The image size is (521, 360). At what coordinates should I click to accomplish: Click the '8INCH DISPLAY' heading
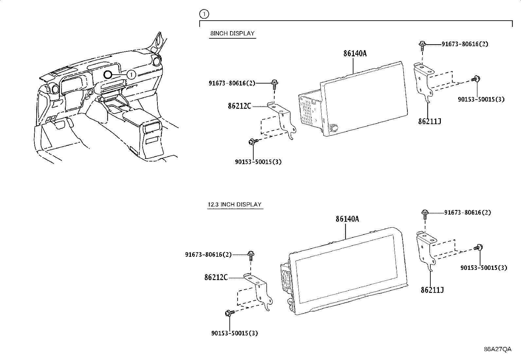click(232, 33)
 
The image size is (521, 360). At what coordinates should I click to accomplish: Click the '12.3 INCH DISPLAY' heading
click(235, 204)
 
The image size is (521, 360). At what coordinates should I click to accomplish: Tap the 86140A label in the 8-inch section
click(355, 53)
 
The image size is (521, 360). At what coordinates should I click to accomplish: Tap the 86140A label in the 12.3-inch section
click(347, 219)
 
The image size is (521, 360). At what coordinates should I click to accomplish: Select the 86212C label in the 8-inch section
click(240, 106)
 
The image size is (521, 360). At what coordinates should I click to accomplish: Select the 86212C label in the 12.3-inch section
click(216, 277)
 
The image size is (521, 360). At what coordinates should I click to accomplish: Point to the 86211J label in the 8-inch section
click(429, 121)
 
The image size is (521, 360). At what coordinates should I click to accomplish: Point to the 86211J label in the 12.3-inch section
click(432, 290)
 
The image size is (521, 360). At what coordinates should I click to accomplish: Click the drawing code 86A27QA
click(497, 349)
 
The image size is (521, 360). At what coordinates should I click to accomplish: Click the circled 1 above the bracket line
click(204, 14)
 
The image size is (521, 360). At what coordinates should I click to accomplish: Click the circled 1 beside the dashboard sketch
click(131, 75)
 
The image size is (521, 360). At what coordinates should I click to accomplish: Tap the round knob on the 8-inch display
click(334, 128)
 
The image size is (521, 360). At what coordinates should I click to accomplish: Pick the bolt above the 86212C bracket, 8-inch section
click(274, 84)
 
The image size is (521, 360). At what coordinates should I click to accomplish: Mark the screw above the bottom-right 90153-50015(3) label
click(479, 248)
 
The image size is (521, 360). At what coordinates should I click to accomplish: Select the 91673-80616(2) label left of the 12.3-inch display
click(208, 255)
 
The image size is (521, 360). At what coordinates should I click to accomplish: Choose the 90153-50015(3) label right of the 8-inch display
click(481, 99)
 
